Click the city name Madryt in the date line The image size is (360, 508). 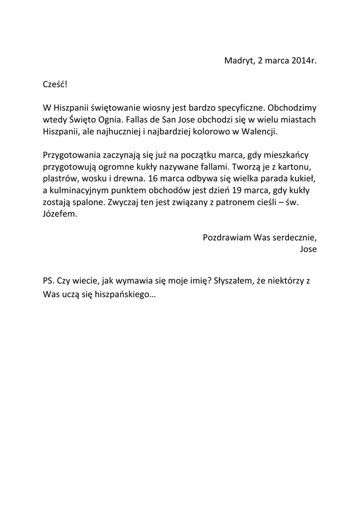[238, 61]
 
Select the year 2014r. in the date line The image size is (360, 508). [303, 61]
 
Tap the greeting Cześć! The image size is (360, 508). [55, 84]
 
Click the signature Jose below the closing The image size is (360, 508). [308, 249]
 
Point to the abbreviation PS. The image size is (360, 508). [49, 280]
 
